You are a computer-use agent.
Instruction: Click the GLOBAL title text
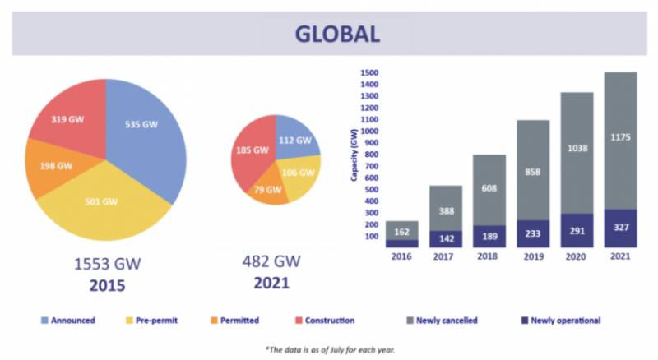(x=337, y=34)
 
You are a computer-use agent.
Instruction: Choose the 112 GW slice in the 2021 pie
(x=296, y=138)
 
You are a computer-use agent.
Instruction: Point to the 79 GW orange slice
(x=269, y=191)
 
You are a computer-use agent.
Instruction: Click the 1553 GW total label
(x=108, y=264)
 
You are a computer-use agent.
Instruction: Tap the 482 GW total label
(x=271, y=261)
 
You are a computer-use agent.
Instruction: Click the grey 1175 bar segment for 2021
(x=620, y=141)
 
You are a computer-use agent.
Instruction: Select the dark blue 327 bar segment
(x=620, y=228)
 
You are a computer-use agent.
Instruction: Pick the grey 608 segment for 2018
(x=489, y=190)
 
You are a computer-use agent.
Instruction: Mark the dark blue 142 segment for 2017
(x=446, y=238)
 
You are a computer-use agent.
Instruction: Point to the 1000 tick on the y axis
(x=369, y=132)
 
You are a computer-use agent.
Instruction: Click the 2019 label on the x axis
(x=533, y=256)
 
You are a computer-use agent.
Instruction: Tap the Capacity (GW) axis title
(x=354, y=155)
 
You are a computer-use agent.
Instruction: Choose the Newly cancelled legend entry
(x=442, y=321)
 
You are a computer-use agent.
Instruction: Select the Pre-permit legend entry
(x=151, y=321)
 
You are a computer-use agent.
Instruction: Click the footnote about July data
(x=330, y=349)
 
